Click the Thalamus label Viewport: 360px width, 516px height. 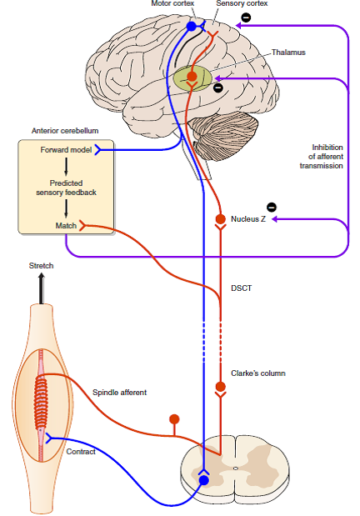pos(288,53)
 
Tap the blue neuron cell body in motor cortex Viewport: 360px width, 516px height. pos(191,27)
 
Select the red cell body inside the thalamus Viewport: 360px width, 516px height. pos(192,77)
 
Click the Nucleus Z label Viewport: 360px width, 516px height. pos(248,219)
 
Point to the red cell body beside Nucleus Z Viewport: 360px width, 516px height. pos(221,218)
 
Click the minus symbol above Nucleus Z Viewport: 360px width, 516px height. pos(272,208)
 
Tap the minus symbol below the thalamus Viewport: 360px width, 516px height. pos(217,88)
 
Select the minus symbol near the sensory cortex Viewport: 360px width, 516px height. pos(246,18)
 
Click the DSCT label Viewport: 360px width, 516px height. pos(241,288)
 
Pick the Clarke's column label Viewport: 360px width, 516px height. pos(258,373)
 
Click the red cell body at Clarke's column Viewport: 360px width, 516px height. pos(221,386)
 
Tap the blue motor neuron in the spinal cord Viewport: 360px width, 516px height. pos(204,480)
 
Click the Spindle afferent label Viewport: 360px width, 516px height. pos(119,393)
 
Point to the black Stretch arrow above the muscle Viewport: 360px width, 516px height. pos(41,289)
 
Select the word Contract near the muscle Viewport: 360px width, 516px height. pos(81,452)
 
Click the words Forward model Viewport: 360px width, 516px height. pos(66,150)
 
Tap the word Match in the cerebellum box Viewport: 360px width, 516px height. pos(66,225)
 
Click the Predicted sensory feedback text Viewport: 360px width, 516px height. pos(66,188)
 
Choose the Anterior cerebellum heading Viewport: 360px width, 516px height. pos(65,131)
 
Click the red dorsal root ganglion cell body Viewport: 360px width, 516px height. pos(174,419)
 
